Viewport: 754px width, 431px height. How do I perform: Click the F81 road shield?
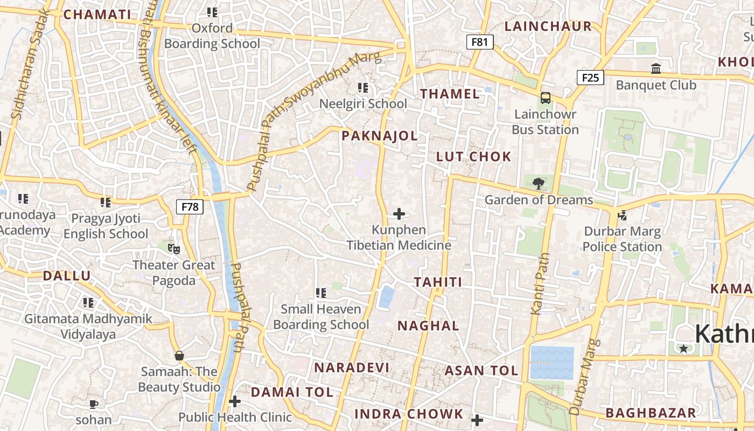(479, 41)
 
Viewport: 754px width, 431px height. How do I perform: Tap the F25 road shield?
(590, 78)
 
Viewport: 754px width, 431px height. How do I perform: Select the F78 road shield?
(190, 206)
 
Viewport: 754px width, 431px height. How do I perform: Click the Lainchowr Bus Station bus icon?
(545, 98)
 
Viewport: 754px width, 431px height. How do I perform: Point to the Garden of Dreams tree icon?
(538, 184)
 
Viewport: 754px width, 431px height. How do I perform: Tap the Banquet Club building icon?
(656, 69)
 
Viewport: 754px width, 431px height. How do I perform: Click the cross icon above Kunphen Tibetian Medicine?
(399, 214)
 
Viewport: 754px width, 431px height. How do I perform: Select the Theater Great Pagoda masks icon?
(173, 248)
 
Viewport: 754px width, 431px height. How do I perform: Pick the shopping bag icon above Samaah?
(179, 356)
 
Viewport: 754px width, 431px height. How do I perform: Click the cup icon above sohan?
(94, 404)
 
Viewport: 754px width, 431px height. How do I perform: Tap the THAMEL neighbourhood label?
(450, 94)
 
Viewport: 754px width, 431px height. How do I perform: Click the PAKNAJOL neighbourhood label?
(380, 136)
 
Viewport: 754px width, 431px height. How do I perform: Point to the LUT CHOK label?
(473, 157)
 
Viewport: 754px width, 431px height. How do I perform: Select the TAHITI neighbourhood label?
(438, 282)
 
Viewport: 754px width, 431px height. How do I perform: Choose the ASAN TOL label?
(481, 371)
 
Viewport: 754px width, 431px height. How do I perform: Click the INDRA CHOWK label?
(409, 414)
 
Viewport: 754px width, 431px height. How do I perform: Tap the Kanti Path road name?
(540, 284)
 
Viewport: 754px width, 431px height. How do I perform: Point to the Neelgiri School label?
(363, 103)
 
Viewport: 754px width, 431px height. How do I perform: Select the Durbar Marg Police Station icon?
(623, 215)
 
